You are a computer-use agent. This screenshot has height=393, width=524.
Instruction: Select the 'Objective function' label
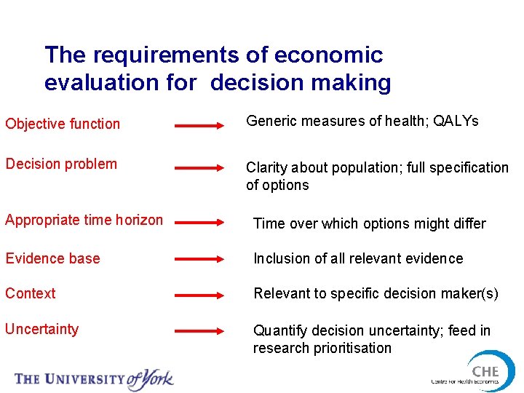click(63, 124)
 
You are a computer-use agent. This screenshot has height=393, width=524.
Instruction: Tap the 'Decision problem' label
click(61, 164)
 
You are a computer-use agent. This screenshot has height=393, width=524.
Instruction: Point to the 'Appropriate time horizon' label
click(84, 220)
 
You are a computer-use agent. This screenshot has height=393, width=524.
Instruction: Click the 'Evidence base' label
click(52, 258)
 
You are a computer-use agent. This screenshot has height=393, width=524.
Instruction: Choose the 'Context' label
click(31, 293)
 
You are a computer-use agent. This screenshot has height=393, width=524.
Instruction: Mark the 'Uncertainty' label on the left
click(41, 329)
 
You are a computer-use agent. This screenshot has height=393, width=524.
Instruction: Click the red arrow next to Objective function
click(200, 126)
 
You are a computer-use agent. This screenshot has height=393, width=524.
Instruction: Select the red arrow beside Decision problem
click(200, 167)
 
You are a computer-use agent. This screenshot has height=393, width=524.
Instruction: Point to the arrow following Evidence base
click(200, 260)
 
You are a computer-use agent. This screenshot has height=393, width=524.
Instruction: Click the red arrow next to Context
click(200, 296)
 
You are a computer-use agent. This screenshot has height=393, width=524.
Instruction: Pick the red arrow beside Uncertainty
click(200, 331)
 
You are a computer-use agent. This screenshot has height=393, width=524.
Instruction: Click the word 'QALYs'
click(456, 122)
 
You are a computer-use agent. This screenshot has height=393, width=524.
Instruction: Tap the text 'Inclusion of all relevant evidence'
click(358, 258)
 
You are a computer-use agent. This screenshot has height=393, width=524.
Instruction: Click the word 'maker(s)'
click(469, 293)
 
